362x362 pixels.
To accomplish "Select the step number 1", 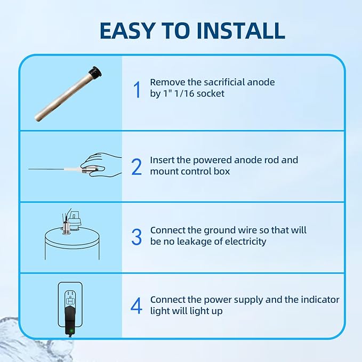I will coord(136,90).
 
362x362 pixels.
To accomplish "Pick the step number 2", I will coord(136,166).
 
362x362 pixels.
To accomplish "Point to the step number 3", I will coord(136,237).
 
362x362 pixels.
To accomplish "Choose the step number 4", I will coord(136,306).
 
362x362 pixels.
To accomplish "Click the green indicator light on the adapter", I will coord(71,331).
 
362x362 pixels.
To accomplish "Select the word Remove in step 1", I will coord(166,82).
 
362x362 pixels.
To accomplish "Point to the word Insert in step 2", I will coord(163,160).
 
